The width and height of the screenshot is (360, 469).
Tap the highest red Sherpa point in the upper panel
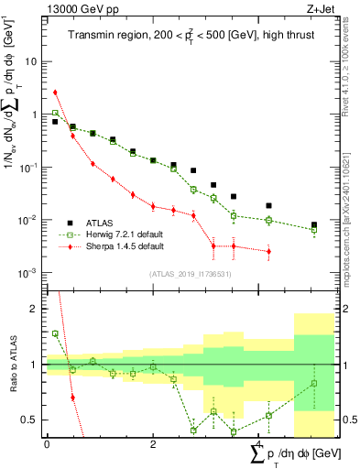click(56, 92)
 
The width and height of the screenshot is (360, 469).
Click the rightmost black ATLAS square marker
click(314, 224)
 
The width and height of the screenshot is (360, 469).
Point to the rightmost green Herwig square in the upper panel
click(314, 230)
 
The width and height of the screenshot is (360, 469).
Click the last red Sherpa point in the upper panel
click(268, 251)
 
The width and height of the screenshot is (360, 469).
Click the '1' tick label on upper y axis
click(35, 115)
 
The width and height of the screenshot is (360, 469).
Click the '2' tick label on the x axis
click(152, 443)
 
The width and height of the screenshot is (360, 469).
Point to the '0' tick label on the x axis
click(46, 443)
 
